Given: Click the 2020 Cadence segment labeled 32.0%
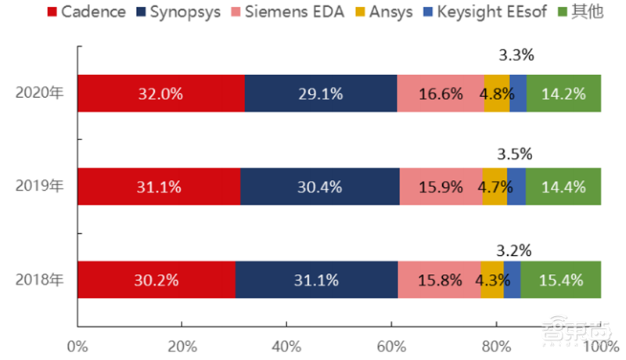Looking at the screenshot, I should tap(161, 94).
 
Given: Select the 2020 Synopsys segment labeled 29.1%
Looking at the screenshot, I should tap(321, 94).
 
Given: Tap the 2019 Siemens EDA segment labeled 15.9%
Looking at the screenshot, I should tap(441, 187).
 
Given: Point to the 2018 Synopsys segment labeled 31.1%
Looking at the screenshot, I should tap(317, 279).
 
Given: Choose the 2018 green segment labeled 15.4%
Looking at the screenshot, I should tap(560, 279).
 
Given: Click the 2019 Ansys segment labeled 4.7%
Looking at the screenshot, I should tap(495, 187).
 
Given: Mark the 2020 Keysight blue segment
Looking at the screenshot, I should tap(518, 94).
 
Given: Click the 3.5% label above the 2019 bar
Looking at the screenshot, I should tap(515, 153).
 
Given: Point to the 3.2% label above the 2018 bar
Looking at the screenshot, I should tap(514, 251).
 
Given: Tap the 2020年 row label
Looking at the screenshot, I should tap(40, 93).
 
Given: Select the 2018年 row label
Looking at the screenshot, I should tap(40, 279).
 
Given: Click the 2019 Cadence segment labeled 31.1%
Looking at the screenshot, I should tap(159, 187).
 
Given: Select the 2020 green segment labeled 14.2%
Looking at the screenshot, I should tap(563, 94).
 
